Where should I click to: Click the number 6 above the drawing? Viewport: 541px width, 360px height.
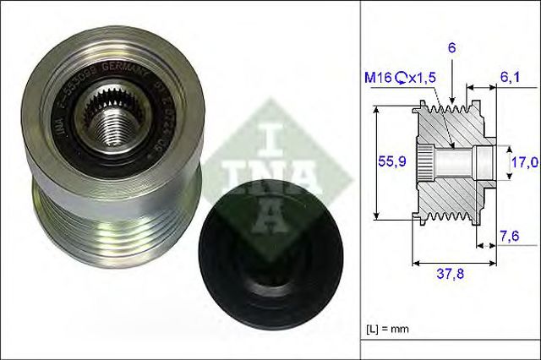tap(452, 50)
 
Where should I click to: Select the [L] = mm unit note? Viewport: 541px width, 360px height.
tap(391, 326)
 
